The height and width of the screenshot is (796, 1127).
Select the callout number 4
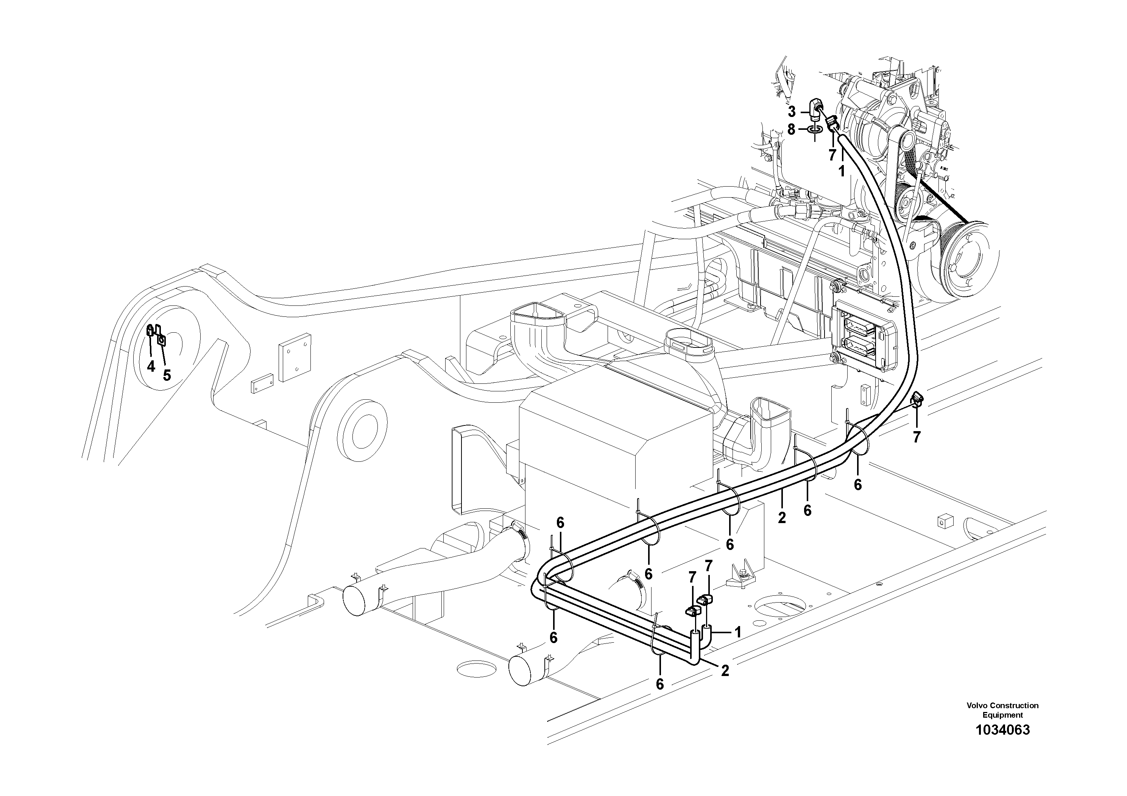point(151,366)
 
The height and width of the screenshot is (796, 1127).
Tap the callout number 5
point(167,375)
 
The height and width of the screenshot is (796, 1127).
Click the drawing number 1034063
point(1002,743)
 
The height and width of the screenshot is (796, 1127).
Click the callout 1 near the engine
point(841,171)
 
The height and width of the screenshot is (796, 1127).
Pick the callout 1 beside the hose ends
point(737,632)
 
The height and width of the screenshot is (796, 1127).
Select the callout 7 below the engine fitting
point(832,155)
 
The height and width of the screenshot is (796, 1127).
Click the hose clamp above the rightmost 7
point(917,400)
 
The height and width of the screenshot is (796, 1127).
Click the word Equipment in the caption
point(1002,715)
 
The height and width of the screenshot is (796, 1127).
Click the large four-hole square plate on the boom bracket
point(295,357)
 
